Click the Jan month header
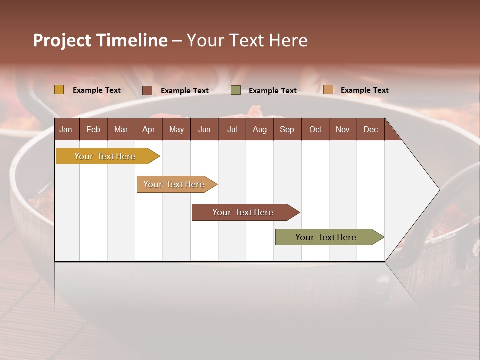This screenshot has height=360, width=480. (66, 129)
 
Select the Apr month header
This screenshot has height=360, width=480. (148, 129)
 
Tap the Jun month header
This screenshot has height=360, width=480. (204, 129)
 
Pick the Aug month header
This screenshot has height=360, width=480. (259, 129)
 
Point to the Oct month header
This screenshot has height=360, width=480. (315, 129)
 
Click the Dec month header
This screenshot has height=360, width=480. (370, 129)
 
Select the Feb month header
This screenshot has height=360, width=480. (93, 129)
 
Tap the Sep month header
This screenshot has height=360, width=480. (287, 129)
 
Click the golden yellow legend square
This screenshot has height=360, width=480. (59, 90)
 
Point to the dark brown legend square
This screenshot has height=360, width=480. (147, 90)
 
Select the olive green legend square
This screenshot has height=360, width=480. (235, 90)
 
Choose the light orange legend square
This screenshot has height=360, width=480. (328, 90)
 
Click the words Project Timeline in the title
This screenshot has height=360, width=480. (100, 40)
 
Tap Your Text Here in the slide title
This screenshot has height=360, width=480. (247, 40)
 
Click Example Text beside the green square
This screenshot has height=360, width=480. (272, 91)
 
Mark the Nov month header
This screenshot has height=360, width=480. (342, 129)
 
